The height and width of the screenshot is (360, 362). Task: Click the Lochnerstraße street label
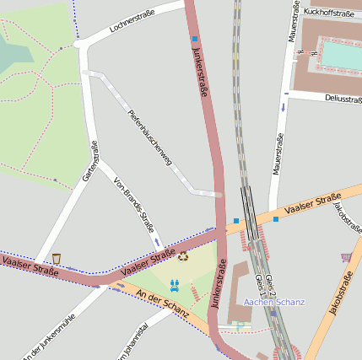coord(133,23)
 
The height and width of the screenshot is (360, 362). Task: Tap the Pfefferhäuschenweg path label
coord(150,137)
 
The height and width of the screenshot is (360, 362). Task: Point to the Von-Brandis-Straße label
coord(134,205)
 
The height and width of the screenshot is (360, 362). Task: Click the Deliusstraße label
coord(342,98)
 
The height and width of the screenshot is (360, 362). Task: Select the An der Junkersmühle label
coord(50,336)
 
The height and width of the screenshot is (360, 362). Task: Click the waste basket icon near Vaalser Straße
coord(57,258)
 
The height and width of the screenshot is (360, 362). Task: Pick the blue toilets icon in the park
coord(176,286)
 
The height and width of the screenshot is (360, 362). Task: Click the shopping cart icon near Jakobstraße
coord(345,257)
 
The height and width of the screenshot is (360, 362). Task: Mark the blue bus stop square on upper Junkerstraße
coord(195,39)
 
